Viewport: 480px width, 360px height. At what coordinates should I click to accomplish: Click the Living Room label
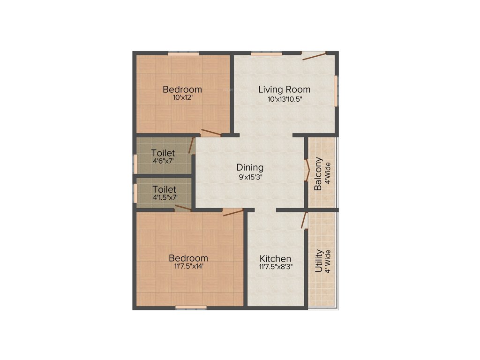coord(285,90)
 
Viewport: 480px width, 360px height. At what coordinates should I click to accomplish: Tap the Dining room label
coord(250,167)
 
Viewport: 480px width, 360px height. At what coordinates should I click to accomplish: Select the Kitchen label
coord(276,259)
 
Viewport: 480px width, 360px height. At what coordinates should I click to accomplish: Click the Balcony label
coord(318,173)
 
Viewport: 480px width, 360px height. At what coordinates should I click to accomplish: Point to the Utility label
coord(319,261)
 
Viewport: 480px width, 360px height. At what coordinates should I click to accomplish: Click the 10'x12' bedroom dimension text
coord(182,98)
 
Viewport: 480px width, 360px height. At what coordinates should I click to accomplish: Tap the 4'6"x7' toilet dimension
coord(163,161)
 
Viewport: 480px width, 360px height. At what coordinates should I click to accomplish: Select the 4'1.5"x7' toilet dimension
coord(164,197)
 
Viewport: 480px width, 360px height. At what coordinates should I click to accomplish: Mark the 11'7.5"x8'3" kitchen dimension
coord(276,267)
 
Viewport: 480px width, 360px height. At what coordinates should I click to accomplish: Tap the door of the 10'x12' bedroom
coord(210,133)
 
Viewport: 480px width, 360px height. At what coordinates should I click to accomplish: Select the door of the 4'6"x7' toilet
coord(191,145)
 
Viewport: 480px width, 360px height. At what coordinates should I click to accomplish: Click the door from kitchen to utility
coord(305,220)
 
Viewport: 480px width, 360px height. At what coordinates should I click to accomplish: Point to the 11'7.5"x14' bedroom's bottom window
coord(191,307)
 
